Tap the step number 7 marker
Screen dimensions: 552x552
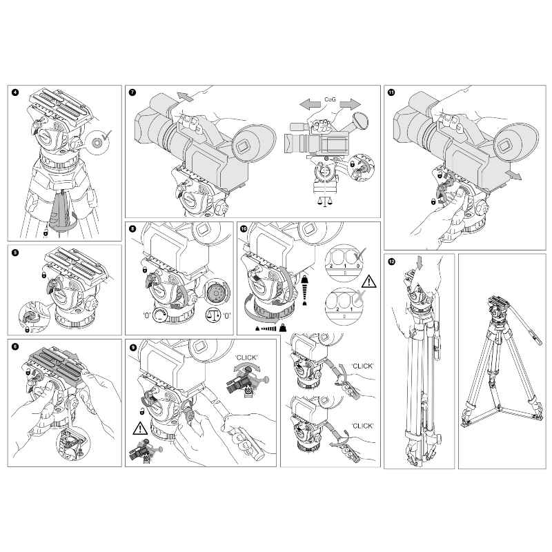coord(132,92)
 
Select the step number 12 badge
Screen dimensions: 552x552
coord(392,262)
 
